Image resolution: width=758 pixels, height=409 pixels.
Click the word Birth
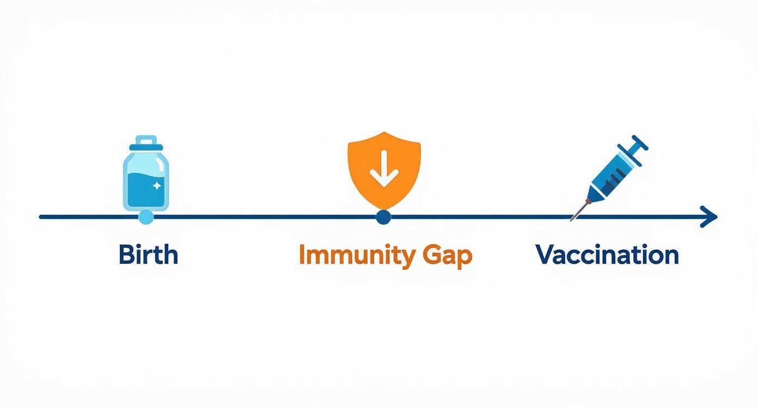(x=148, y=255)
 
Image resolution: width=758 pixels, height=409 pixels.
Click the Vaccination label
(x=607, y=255)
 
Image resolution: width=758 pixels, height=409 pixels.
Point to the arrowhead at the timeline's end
(x=710, y=217)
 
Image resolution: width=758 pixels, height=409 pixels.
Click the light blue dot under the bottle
(x=146, y=218)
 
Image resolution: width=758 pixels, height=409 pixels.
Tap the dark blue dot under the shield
(x=383, y=218)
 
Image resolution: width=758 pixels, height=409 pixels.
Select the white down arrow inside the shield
(x=384, y=169)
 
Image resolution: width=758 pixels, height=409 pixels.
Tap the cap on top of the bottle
(x=146, y=142)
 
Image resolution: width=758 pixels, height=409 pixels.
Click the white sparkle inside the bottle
(x=157, y=186)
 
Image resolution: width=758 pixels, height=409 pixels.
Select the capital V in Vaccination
(x=546, y=255)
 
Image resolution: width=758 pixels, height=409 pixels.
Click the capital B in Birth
(x=126, y=255)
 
